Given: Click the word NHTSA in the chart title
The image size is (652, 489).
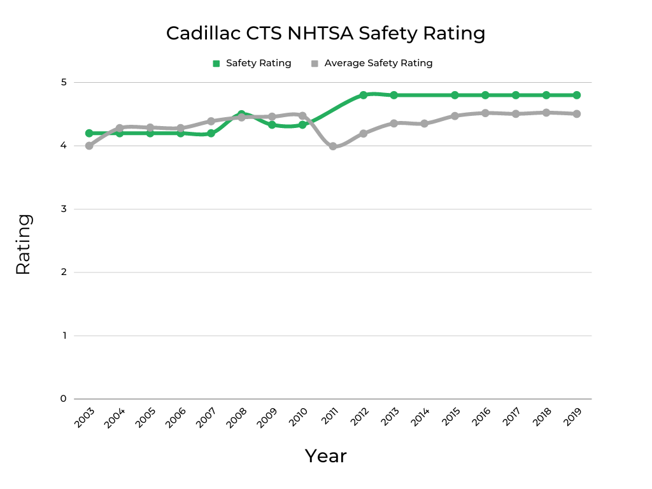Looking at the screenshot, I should tap(320, 33).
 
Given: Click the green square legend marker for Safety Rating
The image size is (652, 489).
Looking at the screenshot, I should tap(216, 63).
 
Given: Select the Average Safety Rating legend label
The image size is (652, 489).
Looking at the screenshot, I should tap(378, 63).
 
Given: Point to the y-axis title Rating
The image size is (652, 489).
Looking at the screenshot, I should tap(23, 244).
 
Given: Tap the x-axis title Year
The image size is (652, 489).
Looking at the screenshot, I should tap(325, 456).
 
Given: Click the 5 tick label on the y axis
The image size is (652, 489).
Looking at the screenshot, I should tap(64, 82).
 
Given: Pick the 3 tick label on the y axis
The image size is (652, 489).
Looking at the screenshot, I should tap(64, 209).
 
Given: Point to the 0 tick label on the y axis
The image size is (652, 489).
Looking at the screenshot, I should tap(64, 399).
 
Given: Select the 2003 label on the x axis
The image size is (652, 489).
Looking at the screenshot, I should tap(83, 417).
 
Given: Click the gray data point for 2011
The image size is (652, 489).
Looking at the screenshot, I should tap(332, 146).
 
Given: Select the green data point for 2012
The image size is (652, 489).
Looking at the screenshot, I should tap(363, 95).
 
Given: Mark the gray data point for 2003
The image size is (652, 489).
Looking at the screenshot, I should tap(89, 146).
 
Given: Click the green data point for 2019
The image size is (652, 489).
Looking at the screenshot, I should tap(576, 95).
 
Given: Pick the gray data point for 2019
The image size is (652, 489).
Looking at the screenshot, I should tap(576, 114).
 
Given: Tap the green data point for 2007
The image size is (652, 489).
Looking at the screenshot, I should tap(211, 133).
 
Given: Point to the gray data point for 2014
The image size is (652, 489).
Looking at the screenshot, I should tap(424, 124).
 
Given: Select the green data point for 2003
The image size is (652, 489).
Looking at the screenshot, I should tap(89, 133).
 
